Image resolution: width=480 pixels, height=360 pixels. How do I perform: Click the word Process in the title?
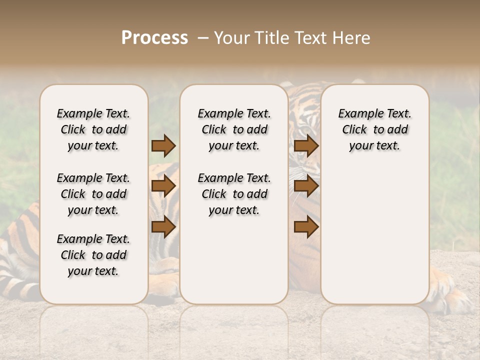coord(154,38)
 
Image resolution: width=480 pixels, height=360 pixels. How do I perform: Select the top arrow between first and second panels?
coord(163,145)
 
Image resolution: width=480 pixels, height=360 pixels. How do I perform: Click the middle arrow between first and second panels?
coord(163,186)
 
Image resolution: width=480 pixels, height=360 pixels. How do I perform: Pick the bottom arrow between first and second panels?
coord(163,227)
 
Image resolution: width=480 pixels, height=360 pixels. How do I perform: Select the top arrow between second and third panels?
coord(306,145)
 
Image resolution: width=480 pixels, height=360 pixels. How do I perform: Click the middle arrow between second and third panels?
coord(306,186)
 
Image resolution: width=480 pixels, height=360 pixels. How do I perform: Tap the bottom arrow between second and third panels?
coord(306,227)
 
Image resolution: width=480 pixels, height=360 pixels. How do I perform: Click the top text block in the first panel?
coord(93,129)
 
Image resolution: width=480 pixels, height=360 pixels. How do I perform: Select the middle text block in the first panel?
coord(93,194)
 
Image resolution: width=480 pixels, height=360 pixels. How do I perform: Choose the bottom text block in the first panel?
coord(93,255)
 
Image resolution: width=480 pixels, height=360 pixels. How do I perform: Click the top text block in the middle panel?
coord(234,129)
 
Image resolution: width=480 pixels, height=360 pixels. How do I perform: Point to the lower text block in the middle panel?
coord(234,194)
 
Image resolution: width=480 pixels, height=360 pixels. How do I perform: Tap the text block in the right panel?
coord(375,129)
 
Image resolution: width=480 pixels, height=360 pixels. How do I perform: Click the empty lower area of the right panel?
coord(375,235)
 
